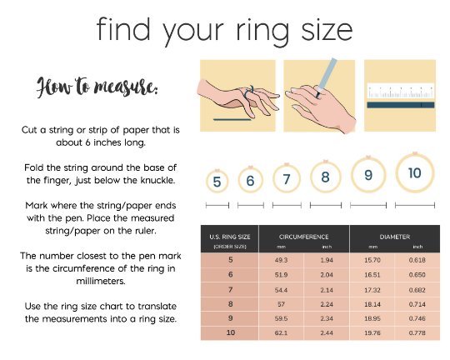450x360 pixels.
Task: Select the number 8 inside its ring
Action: tap(326, 177)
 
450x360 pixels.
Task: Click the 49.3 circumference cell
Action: tap(281, 260)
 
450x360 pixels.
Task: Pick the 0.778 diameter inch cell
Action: tap(417, 333)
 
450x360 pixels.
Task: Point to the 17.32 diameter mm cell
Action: tap(372, 290)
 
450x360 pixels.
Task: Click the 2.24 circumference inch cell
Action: tap(327, 304)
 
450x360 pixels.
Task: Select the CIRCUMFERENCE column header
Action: tap(303, 237)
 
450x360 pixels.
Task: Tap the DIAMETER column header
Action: tap(395, 237)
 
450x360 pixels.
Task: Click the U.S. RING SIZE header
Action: tap(230, 237)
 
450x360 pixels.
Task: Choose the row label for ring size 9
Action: tap(231, 318)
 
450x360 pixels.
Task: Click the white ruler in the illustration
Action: tap(401, 91)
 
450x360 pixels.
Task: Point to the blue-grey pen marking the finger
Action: tap(327, 77)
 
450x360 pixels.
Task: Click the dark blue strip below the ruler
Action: tap(401, 105)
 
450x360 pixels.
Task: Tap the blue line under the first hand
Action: tap(232, 119)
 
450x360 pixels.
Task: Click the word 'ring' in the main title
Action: tap(262, 31)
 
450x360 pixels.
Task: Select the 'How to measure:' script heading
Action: tap(97, 87)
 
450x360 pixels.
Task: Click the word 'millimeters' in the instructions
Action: tap(101, 281)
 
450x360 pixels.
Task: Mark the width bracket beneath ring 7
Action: tap(287, 205)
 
